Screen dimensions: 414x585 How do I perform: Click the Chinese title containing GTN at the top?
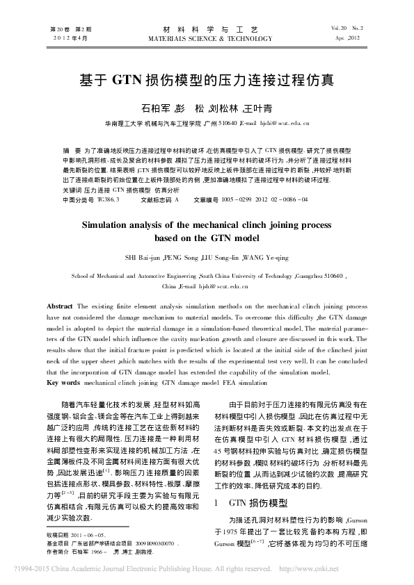point(207,79)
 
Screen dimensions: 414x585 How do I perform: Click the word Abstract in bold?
point(60,306)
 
